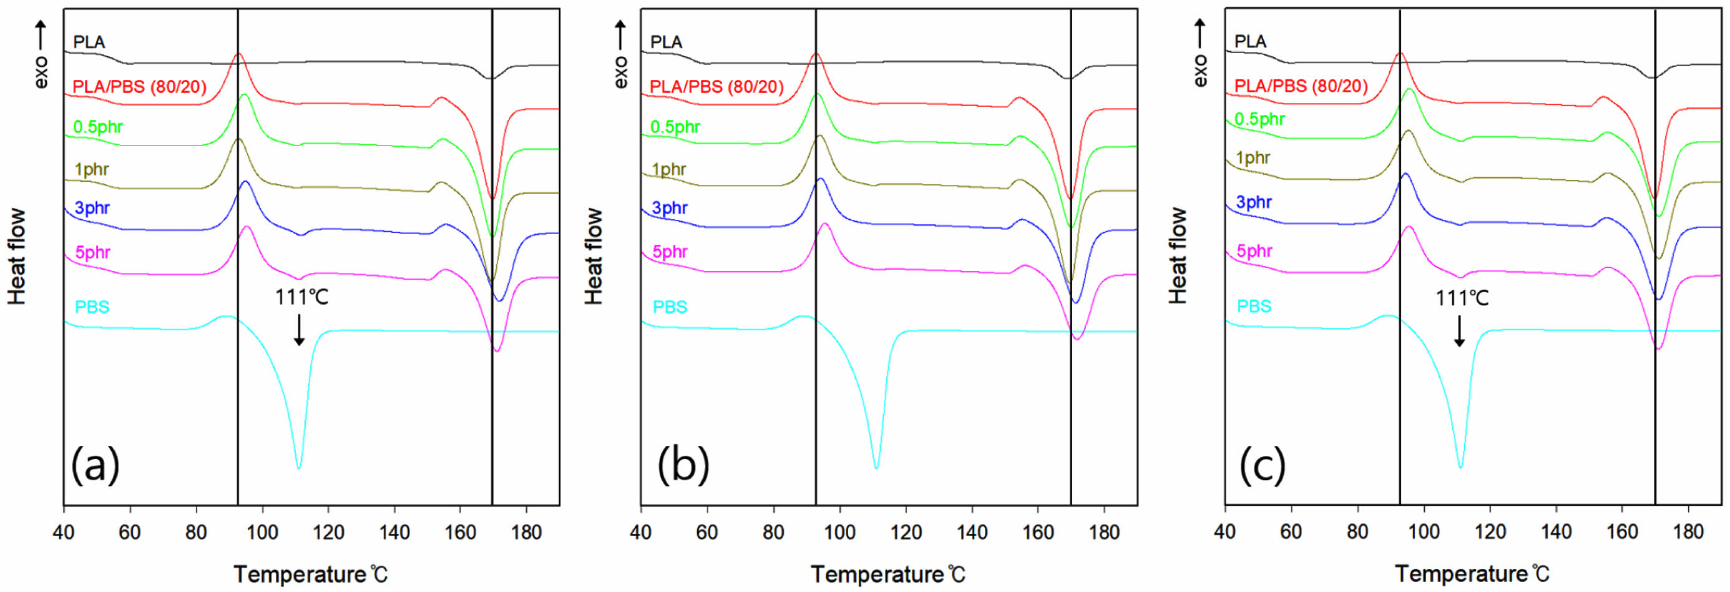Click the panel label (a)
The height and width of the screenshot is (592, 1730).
[95, 465]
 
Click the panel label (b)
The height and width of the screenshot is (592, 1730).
[683, 465]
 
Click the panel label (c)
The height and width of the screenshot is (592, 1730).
[1262, 465]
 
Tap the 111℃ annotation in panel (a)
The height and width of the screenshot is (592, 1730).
[301, 297]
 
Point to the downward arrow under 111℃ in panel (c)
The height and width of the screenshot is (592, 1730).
[1459, 331]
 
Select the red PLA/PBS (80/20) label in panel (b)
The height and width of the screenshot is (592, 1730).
[716, 87]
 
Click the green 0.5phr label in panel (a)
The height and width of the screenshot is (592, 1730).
[98, 127]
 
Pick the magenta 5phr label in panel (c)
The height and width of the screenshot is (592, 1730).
[1254, 251]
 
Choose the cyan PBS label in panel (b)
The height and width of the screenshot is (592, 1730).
[670, 307]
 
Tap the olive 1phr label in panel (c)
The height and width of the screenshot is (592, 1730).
[1253, 158]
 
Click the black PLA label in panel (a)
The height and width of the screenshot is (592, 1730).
[89, 42]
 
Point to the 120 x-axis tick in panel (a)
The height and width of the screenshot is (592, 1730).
[328, 533]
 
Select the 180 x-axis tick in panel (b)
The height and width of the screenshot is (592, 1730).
[1103, 533]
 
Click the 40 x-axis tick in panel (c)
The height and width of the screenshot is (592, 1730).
[1225, 532]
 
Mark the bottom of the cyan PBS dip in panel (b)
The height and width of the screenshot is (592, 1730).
[876, 468]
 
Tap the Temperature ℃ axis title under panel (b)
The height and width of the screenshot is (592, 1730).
[888, 575]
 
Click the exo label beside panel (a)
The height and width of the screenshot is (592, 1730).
[42, 71]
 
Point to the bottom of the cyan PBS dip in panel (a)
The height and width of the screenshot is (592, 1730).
[299, 468]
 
